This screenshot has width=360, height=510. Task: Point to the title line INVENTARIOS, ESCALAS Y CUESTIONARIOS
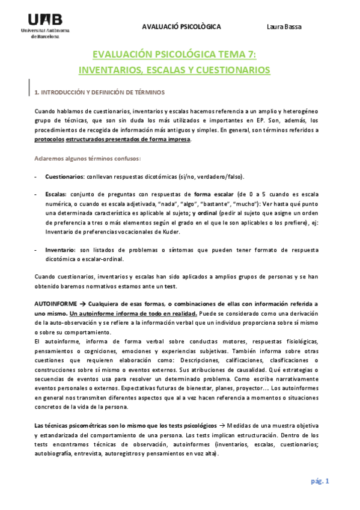pyautogui.click(x=174, y=70)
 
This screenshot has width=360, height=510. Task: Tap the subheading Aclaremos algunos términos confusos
pyautogui.click(x=87, y=159)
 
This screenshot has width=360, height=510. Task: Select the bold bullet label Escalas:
pyautogui.click(x=56, y=195)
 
